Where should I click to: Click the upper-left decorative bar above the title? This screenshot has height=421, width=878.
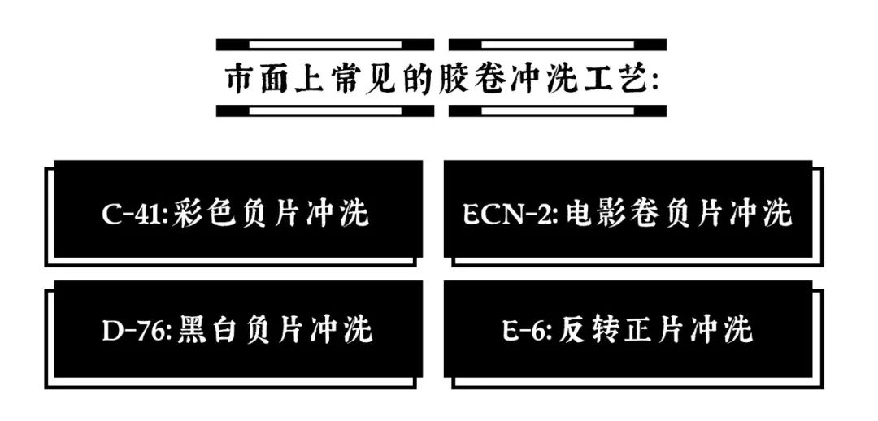[325, 45]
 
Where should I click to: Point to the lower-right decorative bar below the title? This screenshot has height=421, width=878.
[558, 111]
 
